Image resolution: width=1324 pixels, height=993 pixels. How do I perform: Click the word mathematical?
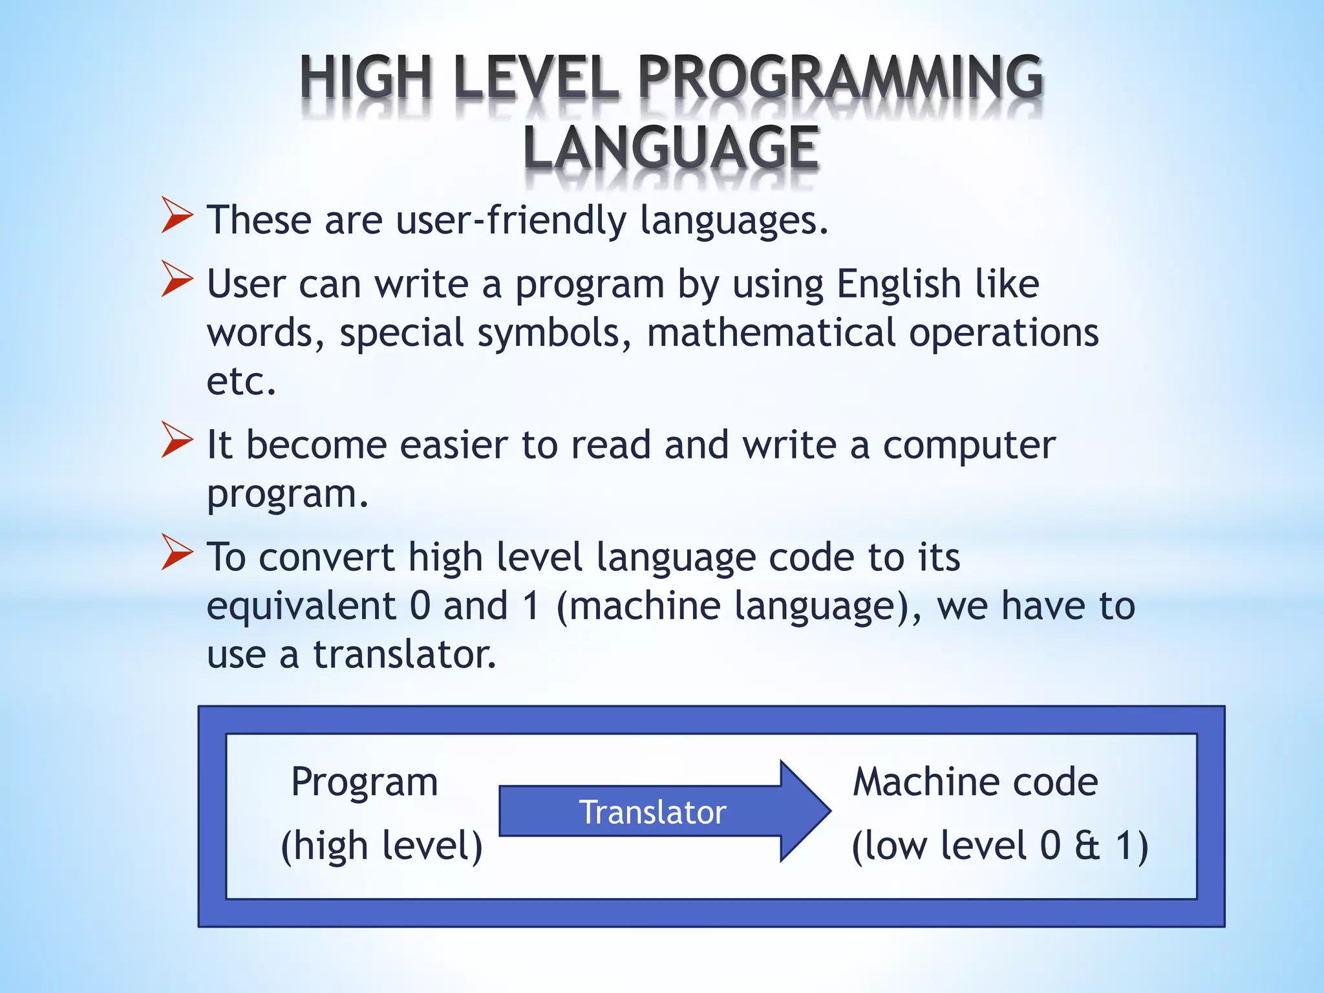tap(771, 333)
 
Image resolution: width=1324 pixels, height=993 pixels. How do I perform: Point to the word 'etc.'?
tap(241, 381)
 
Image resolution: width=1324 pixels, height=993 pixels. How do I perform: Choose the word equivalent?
tap(301, 606)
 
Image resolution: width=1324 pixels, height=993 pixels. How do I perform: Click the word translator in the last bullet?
tap(405, 654)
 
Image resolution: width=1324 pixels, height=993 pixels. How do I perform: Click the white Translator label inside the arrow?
tap(652, 812)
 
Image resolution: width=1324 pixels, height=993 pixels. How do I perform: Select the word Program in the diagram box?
tap(365, 782)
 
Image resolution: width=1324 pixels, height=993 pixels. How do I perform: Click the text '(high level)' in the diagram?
tap(381, 846)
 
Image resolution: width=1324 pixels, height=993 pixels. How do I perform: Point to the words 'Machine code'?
tap(975, 782)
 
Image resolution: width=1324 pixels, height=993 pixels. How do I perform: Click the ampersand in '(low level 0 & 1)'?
tap(1087, 846)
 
